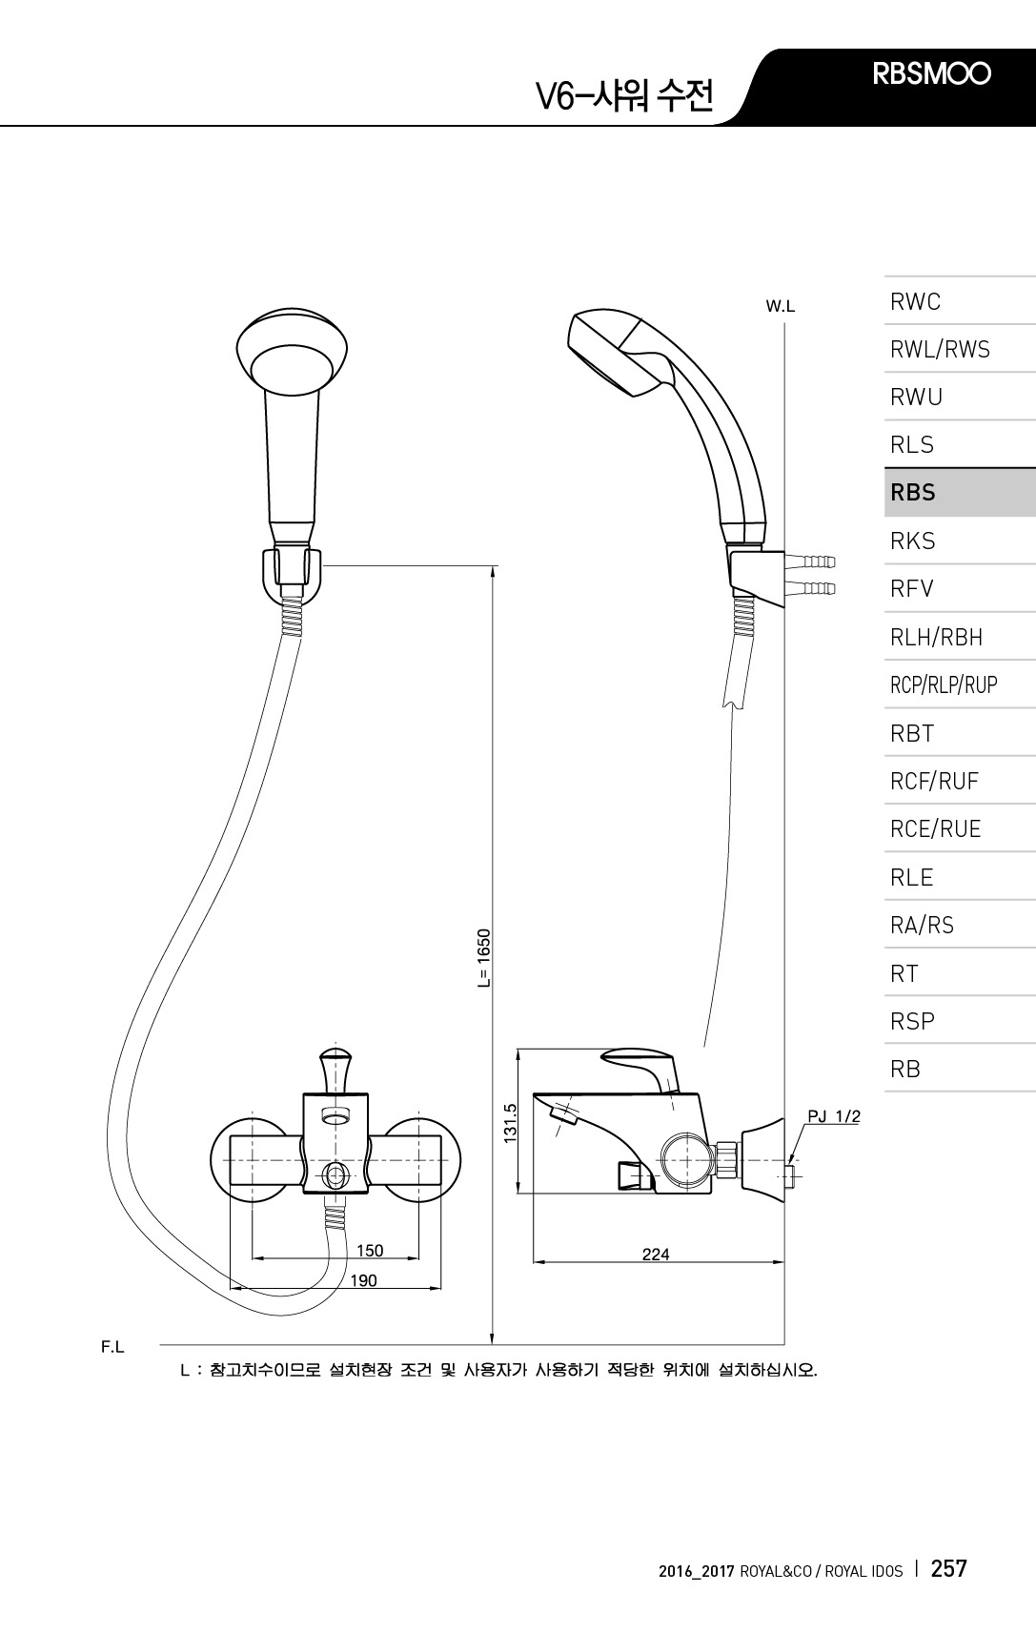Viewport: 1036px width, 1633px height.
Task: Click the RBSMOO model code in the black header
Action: tap(932, 73)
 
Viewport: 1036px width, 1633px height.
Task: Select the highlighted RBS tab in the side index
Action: tap(913, 492)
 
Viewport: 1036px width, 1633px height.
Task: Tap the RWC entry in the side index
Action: tap(916, 301)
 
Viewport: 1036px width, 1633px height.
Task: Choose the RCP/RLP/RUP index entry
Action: tap(944, 684)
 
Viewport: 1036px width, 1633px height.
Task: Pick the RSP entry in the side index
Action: tap(912, 1021)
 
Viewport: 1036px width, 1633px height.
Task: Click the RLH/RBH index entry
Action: tap(936, 637)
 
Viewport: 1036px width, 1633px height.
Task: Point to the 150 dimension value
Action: tap(370, 1251)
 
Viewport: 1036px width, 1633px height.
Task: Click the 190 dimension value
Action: tap(364, 1280)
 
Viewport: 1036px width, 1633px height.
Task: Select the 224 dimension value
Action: tap(656, 1254)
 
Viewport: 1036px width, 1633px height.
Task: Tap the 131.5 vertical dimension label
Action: tap(510, 1122)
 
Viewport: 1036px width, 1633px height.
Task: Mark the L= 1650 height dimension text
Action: tap(484, 958)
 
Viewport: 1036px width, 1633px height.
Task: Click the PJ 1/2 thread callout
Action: tap(834, 1116)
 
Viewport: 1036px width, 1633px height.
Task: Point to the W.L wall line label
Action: tap(781, 306)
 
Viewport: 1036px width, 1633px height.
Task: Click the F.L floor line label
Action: tap(113, 1347)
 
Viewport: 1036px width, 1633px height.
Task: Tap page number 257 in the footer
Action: tap(948, 1567)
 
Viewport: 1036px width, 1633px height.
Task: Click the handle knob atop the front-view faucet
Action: tap(335, 1067)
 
